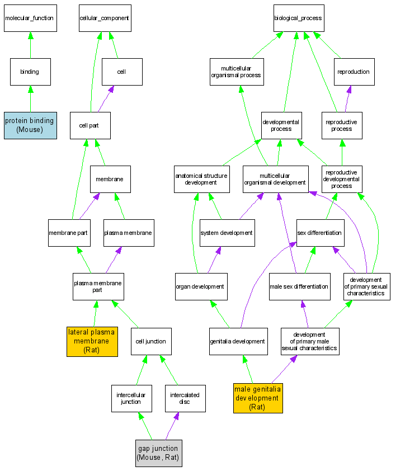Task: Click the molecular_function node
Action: point(29,18)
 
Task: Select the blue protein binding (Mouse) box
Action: point(30,125)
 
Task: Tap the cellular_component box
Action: point(104,18)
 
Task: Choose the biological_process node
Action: point(298,18)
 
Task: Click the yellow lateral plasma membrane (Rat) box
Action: point(91,341)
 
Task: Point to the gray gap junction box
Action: point(158,453)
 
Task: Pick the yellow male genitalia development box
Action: point(258,398)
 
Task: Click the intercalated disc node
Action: point(185,398)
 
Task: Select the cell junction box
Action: point(151,341)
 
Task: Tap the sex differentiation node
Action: point(320,233)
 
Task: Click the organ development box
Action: point(200,286)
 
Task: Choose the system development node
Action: point(227,233)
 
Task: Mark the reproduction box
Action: point(354,72)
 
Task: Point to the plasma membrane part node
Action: point(97,286)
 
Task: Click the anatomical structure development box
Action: point(201,179)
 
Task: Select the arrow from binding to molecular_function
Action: point(30,45)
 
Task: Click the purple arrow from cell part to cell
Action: point(104,99)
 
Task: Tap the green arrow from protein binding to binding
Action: point(30,98)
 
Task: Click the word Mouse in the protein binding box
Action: point(30,130)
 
